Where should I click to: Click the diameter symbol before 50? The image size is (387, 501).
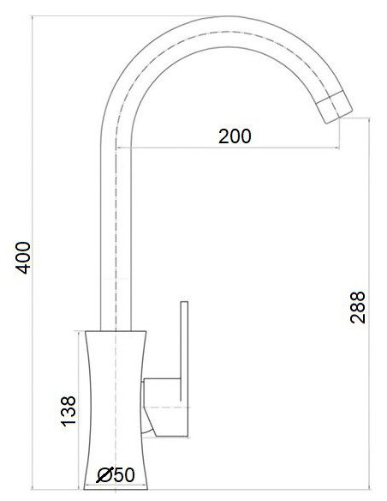click(105, 474)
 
